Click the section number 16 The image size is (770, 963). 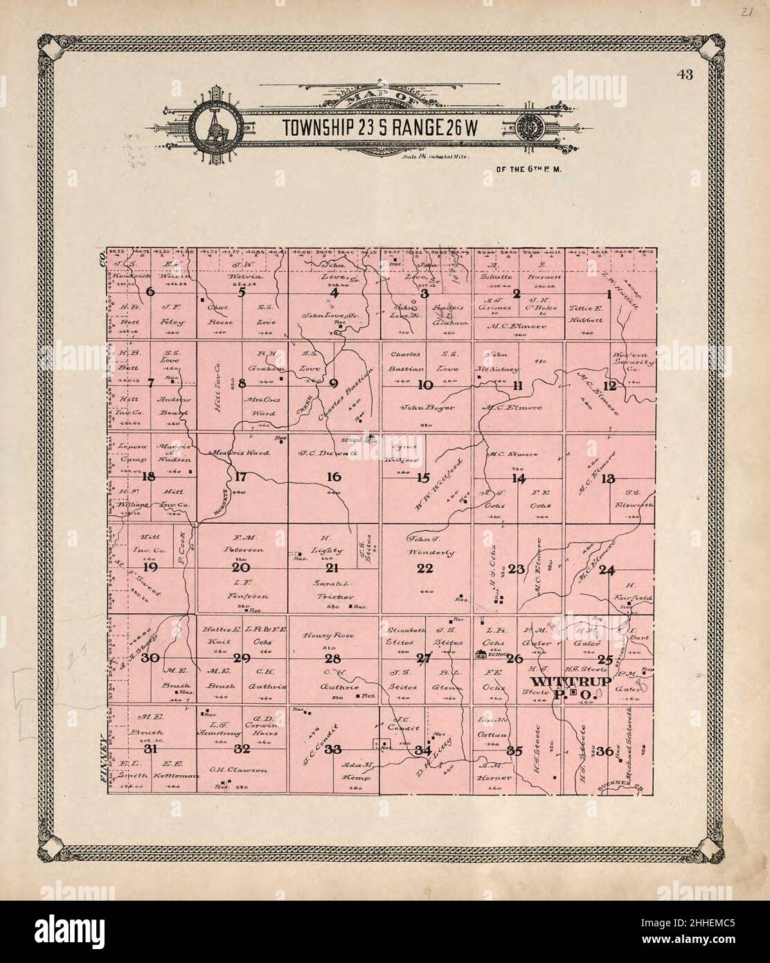point(334,477)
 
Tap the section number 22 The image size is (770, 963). point(424,569)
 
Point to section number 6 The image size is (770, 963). point(150,292)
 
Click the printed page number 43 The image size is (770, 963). point(687,75)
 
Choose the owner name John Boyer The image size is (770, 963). point(427,407)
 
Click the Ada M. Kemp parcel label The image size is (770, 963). point(357,771)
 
